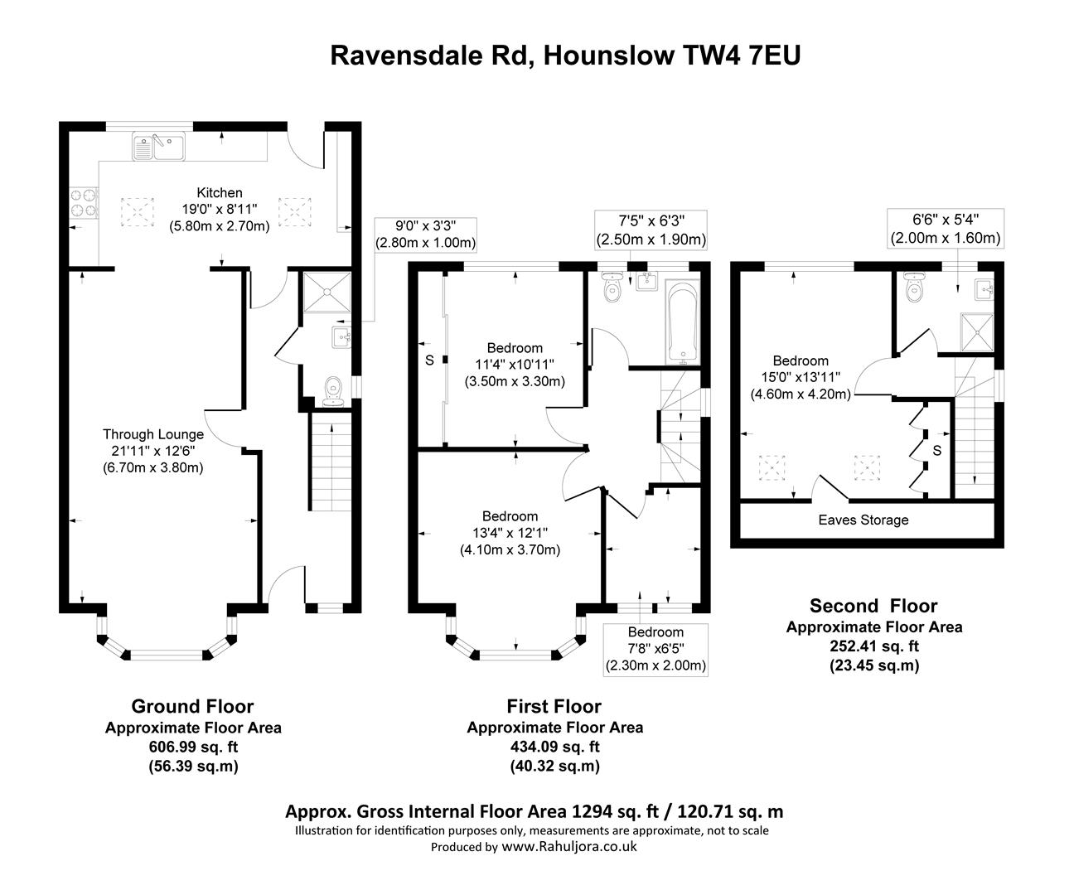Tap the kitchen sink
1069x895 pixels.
(x=157, y=147)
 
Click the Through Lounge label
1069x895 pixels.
(x=153, y=434)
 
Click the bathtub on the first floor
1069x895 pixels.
(x=683, y=323)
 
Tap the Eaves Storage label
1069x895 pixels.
(x=863, y=520)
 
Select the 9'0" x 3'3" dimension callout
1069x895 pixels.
(x=426, y=234)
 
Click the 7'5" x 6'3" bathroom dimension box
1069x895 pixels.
(x=651, y=230)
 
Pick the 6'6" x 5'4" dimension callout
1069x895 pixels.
(x=946, y=228)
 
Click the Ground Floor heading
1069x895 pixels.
(x=192, y=706)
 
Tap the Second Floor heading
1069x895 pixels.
(x=873, y=606)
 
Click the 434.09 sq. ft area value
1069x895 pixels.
(x=554, y=747)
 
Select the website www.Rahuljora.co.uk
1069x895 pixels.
(x=569, y=847)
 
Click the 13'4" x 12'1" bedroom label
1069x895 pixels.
(x=510, y=533)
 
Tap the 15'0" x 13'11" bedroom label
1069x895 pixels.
(x=801, y=378)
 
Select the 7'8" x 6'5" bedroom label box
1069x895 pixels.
(x=655, y=649)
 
